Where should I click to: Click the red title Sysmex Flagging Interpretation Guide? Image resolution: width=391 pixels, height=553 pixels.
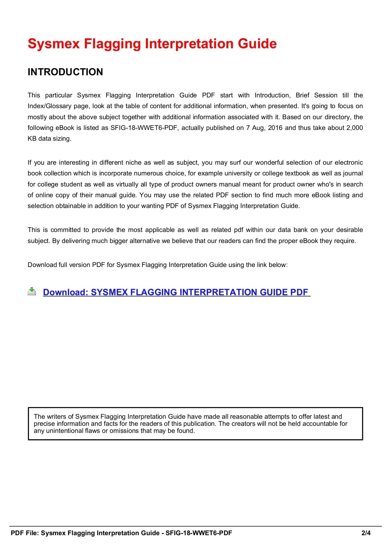(x=152, y=44)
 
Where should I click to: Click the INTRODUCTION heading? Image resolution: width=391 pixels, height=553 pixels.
(x=65, y=72)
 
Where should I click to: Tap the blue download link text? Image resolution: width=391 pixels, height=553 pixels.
(x=177, y=292)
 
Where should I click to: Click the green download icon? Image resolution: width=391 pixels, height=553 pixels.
(x=32, y=291)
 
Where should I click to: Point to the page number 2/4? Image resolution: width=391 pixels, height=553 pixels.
(x=366, y=533)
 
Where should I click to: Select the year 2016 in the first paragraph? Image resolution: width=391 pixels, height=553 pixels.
(x=275, y=128)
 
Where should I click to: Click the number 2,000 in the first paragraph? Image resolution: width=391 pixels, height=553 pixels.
(x=354, y=128)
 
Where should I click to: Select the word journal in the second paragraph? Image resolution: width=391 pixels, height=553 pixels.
(x=353, y=173)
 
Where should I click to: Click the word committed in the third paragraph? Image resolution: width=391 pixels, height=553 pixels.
(x=65, y=230)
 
